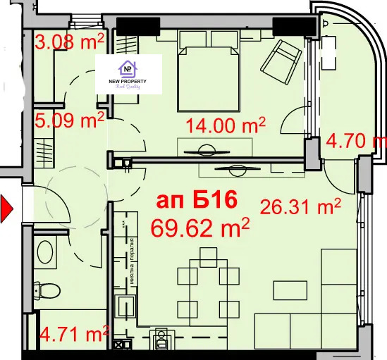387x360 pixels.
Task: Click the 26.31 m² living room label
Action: tap(300, 206)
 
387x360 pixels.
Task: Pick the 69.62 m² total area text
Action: tap(201, 228)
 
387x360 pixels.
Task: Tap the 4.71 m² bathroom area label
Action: tap(73, 331)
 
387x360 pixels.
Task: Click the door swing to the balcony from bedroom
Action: tap(292, 123)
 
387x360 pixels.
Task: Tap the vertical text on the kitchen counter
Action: tap(132, 261)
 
